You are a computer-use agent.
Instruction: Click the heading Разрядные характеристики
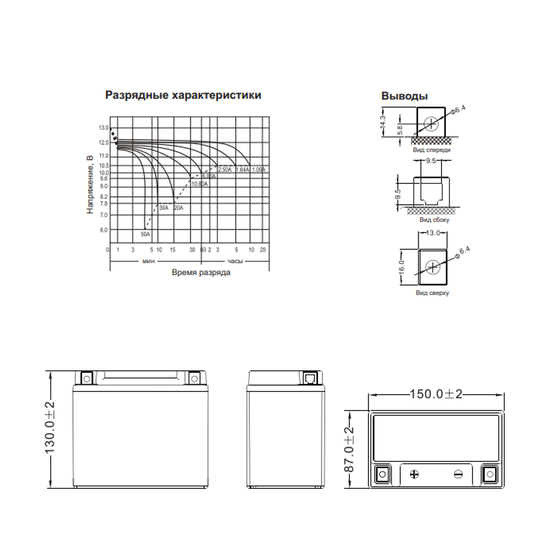click(x=183, y=95)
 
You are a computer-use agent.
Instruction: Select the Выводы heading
click(x=404, y=96)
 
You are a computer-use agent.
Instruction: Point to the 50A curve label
click(x=145, y=234)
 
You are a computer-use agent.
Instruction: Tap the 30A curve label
click(x=163, y=207)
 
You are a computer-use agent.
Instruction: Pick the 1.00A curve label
click(x=259, y=169)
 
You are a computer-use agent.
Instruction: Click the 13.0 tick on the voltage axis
click(x=103, y=128)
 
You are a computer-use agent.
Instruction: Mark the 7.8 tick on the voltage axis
click(x=103, y=204)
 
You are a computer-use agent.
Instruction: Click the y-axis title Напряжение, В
click(x=90, y=185)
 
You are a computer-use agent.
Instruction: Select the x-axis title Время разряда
click(x=201, y=273)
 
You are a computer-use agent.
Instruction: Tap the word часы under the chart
click(x=234, y=260)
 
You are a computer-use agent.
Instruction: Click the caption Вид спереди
click(x=431, y=150)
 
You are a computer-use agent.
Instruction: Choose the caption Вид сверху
click(x=432, y=292)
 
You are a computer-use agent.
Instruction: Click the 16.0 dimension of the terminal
click(x=401, y=266)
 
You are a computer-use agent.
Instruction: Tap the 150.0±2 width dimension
click(x=436, y=394)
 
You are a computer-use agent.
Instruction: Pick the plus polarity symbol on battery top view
click(x=414, y=474)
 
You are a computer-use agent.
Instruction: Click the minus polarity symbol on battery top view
click(x=458, y=474)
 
